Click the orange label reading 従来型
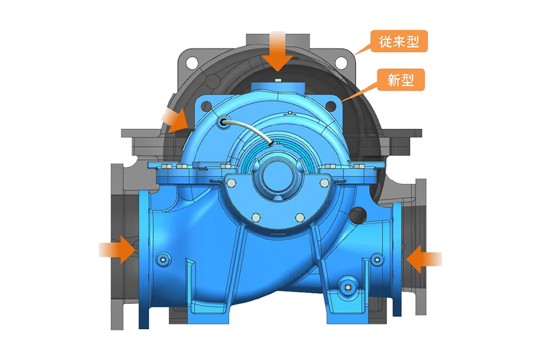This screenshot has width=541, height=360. [x=399, y=42]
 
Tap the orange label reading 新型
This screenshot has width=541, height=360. [x=401, y=80]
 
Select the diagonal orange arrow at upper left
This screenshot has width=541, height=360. [x=176, y=120]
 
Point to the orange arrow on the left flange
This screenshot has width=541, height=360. [x=117, y=249]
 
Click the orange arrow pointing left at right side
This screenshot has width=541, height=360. [x=424, y=259]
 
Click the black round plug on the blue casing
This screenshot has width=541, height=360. [x=358, y=215]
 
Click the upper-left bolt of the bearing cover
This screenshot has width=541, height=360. [x=231, y=183]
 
